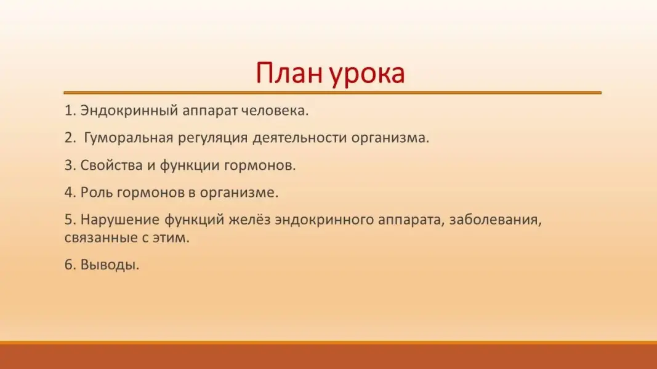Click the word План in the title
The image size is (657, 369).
pyautogui.click(x=289, y=73)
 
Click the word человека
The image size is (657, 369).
pyautogui.click(x=275, y=111)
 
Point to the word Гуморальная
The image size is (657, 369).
pyautogui.click(x=129, y=138)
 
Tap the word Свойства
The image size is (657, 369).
pyautogui.click(x=111, y=165)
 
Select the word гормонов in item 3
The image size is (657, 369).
pyautogui.click(x=260, y=166)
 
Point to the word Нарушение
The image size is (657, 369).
pyautogui.click(x=120, y=220)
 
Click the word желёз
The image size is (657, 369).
pyautogui.click(x=249, y=220)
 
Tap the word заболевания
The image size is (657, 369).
pyautogui.click(x=495, y=220)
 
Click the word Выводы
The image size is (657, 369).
pyautogui.click(x=110, y=265)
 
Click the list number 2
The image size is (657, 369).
pyautogui.click(x=70, y=138)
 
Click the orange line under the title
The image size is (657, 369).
pyautogui.click(x=333, y=92)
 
